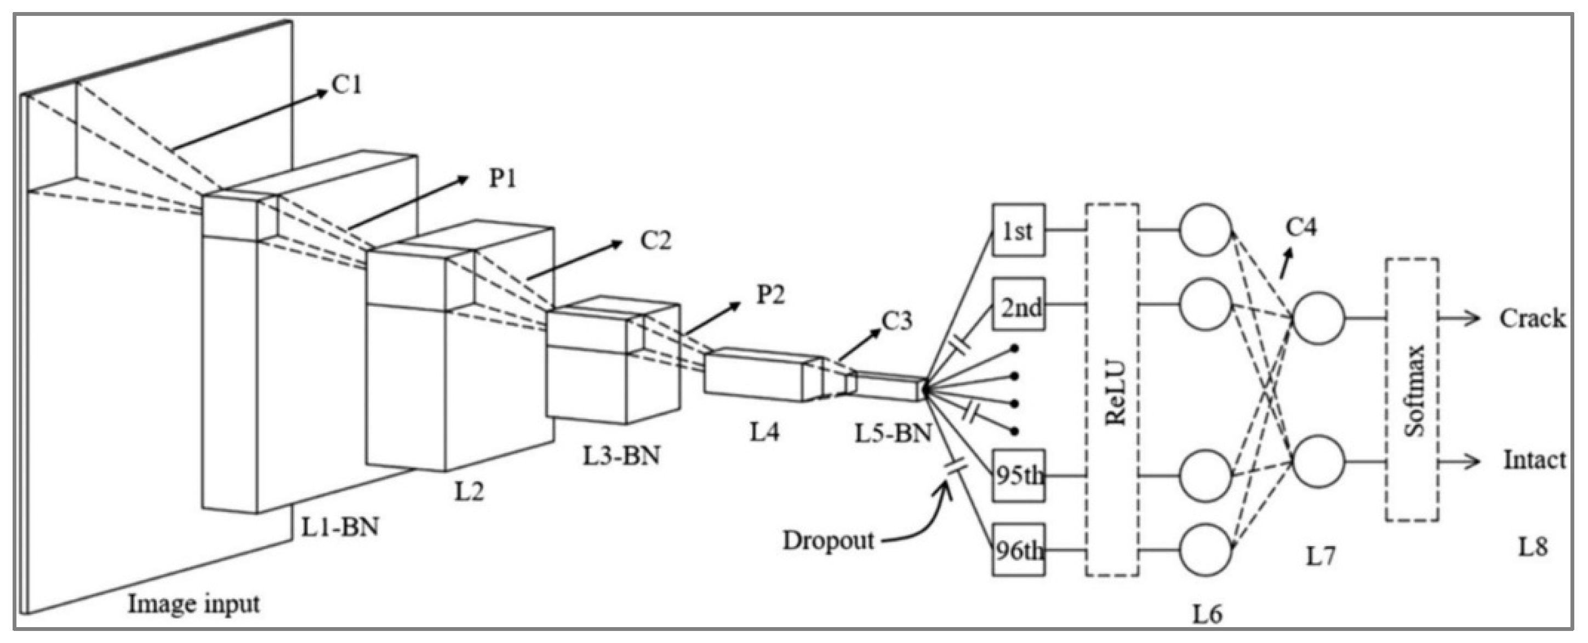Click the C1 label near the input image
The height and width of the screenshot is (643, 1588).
pos(347,85)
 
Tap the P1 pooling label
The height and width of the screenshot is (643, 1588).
pos(502,179)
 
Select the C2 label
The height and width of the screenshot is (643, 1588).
pos(655,240)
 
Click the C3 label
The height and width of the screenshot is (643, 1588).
pos(896,321)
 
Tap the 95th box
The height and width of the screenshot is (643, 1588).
pos(1018,475)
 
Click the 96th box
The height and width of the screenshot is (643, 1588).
pos(1018,550)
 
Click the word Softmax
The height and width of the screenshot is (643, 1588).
pos(1414,391)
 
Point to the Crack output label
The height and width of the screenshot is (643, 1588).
pos(1533,318)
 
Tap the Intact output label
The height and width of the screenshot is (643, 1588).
pos(1534,460)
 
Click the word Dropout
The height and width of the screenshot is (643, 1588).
pos(828,541)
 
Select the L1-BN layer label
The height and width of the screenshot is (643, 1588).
pos(340,526)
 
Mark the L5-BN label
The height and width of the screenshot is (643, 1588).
pos(893,434)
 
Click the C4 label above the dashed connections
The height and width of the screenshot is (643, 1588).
pos(1301,227)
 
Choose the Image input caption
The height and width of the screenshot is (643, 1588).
pos(193,604)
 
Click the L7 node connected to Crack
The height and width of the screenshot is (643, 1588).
pos(1318,318)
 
